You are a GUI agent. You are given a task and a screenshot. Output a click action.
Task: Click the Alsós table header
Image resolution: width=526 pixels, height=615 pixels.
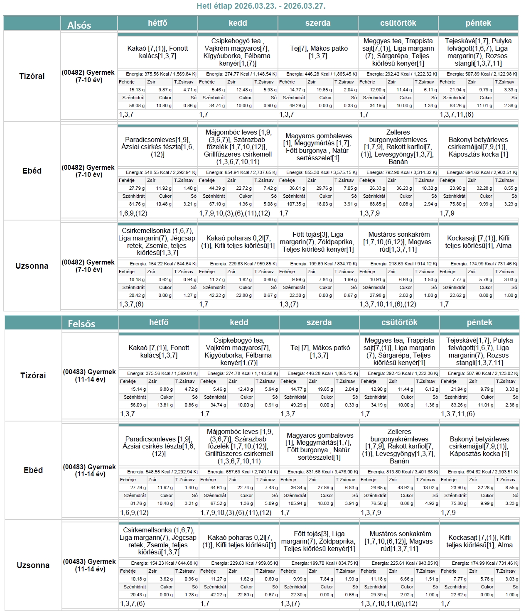(79, 25)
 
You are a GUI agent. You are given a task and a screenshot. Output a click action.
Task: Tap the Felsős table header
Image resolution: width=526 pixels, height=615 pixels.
(81, 324)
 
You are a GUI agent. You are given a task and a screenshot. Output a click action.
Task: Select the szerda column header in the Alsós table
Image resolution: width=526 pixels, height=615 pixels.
(318, 23)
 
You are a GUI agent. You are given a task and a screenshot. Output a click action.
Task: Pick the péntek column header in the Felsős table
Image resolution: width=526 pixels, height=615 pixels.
(479, 323)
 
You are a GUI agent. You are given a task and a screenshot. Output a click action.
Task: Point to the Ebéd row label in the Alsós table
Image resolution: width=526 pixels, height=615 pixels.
(32, 171)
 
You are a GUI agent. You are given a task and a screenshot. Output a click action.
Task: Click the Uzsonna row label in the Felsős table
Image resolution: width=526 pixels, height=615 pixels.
(33, 565)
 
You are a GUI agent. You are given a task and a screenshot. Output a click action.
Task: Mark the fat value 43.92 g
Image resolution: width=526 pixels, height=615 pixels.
(406, 488)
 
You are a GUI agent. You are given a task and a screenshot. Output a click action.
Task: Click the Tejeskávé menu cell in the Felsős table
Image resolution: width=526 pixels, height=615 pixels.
(479, 351)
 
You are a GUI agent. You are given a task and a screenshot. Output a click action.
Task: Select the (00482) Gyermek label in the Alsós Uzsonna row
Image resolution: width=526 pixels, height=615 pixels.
(88, 266)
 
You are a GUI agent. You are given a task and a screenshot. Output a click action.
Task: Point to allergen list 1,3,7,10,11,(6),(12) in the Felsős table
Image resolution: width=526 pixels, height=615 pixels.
(389, 603)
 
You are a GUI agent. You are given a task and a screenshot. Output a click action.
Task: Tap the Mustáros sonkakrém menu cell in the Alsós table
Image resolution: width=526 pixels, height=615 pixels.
(399, 242)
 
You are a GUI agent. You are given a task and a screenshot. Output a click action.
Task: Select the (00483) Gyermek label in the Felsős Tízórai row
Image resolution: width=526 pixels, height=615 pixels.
(89, 375)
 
